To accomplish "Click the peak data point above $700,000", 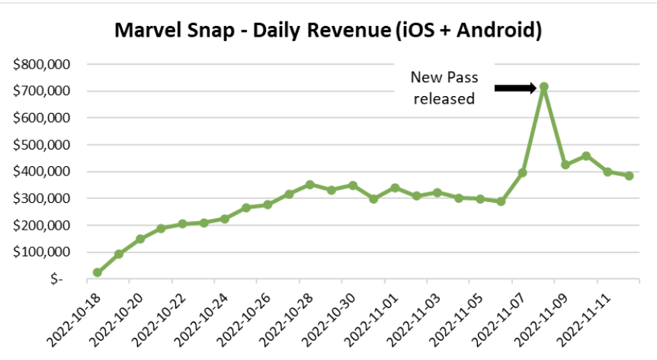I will coord(543,87).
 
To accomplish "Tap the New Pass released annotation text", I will coord(442,88).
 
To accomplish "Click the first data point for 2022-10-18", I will coord(98,272).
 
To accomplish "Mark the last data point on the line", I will coord(629,175).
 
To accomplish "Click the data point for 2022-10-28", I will coord(310,185).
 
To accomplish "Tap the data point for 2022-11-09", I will coord(565,165).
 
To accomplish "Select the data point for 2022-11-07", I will coord(522,173).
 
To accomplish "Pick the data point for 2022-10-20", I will coord(140,239).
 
